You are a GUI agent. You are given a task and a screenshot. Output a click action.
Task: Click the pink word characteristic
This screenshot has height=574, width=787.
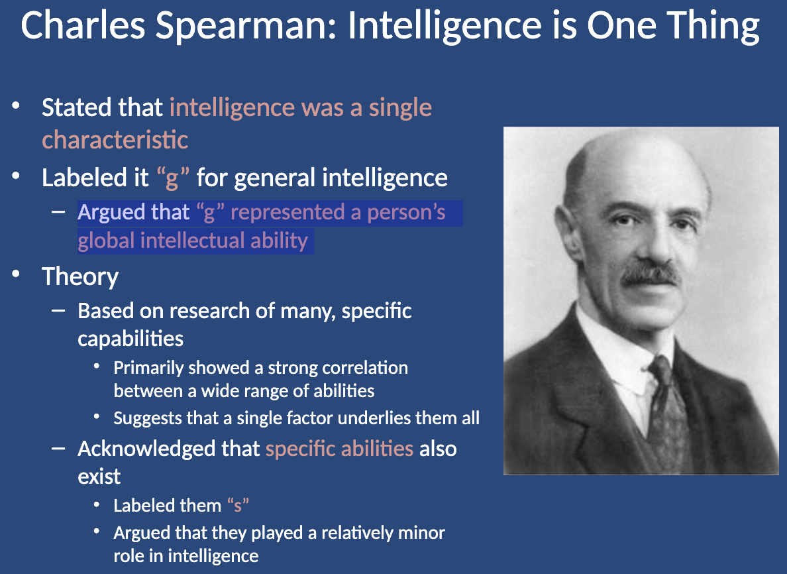[x=115, y=140]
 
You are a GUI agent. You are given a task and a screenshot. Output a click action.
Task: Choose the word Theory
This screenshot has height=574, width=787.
[x=80, y=277]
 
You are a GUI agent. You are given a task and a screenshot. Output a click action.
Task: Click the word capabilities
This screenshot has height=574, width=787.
[x=131, y=339]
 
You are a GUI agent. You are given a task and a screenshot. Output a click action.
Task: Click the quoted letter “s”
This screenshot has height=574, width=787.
[x=238, y=505]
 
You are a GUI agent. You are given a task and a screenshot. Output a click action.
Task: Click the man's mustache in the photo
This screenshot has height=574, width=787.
[x=651, y=274]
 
